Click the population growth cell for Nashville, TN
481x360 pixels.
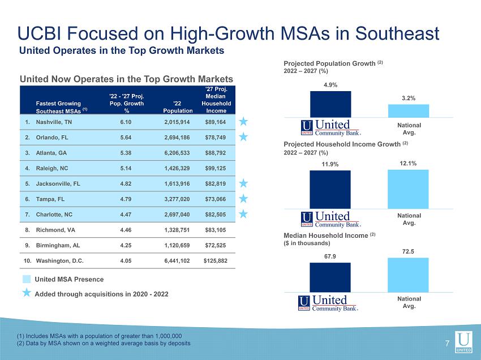[126, 122]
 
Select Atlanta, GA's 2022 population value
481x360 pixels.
[177, 153]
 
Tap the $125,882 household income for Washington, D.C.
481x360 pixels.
[216, 261]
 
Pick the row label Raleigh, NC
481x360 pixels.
[52, 168]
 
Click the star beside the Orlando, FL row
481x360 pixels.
[243, 136]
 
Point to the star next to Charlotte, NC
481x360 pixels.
[243, 213]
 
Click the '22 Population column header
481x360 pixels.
[178, 107]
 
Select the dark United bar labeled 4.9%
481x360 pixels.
[330, 104]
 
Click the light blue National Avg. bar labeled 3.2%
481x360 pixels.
[409, 111]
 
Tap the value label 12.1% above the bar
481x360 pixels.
[408, 163]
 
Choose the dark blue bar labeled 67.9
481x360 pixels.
[330, 277]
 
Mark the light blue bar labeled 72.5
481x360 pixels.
[409, 275]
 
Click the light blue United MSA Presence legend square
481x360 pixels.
[27, 279]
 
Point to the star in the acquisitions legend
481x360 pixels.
[27, 293]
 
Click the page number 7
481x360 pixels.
[447, 344]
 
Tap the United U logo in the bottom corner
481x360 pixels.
[463, 342]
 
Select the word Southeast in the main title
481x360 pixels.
[397, 33]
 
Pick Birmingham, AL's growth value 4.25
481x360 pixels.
[126, 246]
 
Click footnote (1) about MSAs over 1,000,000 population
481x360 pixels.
[100, 336]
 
